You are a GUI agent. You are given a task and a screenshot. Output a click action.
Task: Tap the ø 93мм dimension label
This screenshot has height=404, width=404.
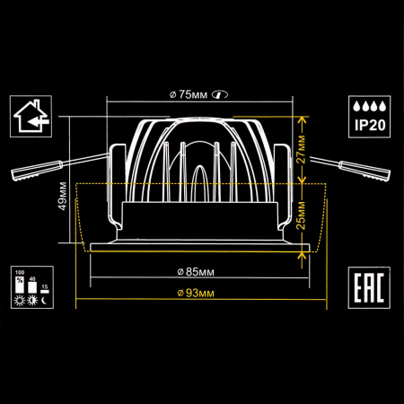point(196,293)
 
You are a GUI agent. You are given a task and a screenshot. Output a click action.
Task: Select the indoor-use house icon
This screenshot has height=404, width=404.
point(31,118)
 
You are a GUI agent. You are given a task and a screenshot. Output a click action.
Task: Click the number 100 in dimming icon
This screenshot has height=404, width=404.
point(20,271)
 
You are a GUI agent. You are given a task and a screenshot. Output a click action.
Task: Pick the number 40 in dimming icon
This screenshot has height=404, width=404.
point(31,278)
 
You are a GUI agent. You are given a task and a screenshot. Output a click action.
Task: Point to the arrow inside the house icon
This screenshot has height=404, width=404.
point(34,120)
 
